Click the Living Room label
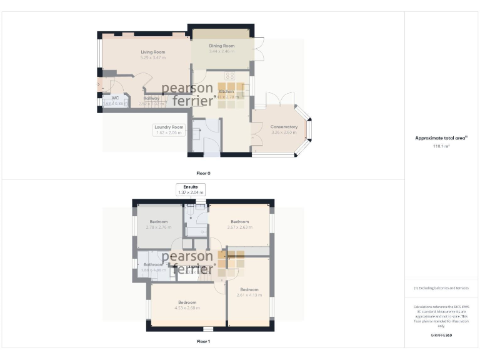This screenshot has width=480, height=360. pos(152,52)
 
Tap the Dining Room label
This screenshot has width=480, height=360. pos(222,46)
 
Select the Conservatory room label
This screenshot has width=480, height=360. pos(284,127)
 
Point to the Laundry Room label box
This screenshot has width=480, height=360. pos(169,129)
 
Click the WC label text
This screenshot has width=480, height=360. pos(115,98)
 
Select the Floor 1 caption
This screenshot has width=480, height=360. pos(203,341)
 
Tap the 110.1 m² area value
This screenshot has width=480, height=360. pos(441,146)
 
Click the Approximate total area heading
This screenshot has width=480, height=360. pos(441,138)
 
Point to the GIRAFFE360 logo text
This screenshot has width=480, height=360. pos(441,336)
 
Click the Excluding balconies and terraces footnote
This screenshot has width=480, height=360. pos(441,287)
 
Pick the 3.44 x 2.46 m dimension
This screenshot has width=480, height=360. pos(222,51)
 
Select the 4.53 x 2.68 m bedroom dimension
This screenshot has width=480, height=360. pos(187,307)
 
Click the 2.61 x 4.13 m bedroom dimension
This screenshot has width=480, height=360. pos(249,294)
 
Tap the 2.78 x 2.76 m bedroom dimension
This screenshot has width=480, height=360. pos(158,227)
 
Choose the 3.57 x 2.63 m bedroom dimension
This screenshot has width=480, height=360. pos(239,227)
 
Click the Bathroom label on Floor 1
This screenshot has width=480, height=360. pos(153,264)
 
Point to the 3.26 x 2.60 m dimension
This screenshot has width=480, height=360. pos(284,132)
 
